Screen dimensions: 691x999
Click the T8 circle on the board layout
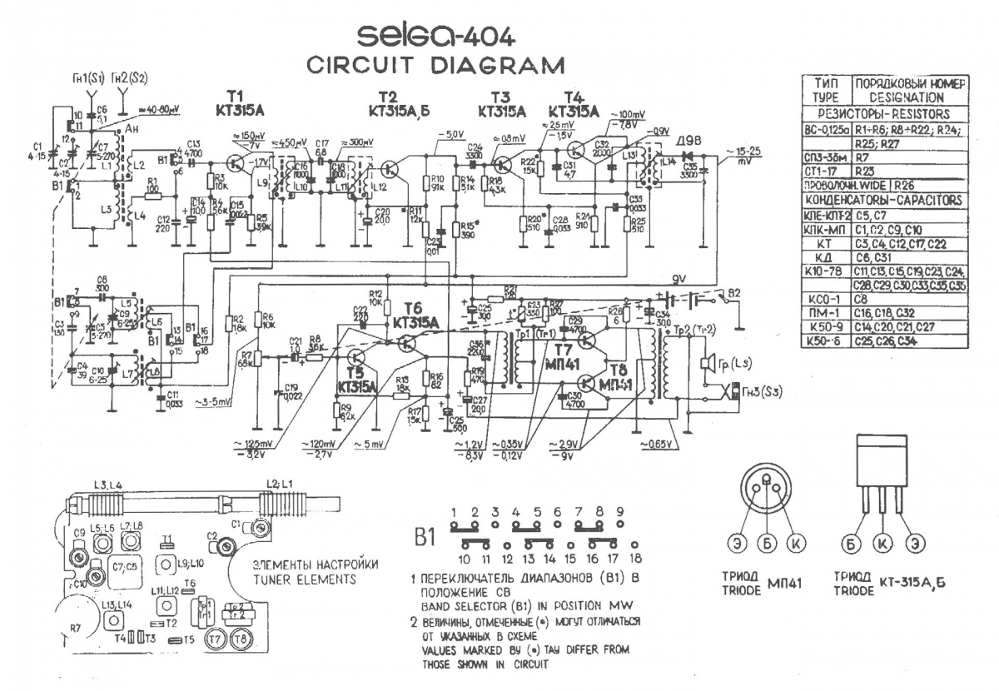click(x=242, y=639)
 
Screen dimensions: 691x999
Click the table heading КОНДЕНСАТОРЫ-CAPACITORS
click(x=884, y=200)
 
